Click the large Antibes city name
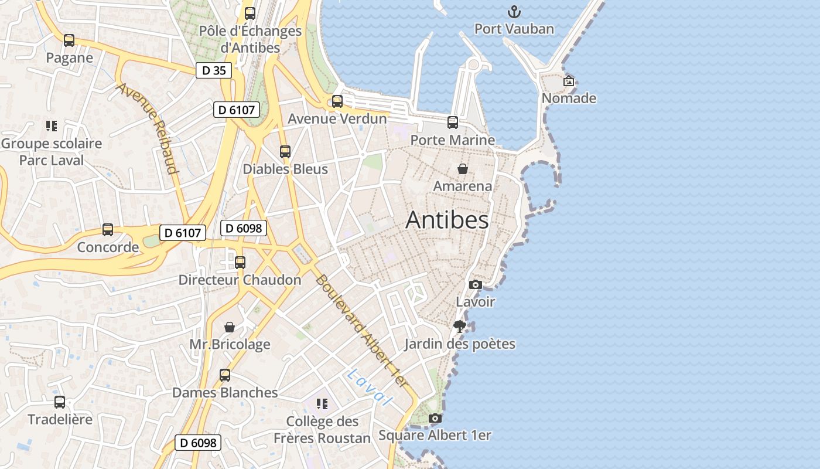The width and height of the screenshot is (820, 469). tap(447, 220)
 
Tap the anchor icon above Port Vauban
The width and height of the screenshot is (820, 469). tap(514, 12)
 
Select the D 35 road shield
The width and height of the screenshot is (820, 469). tap(214, 71)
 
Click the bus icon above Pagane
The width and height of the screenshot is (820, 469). tap(69, 40)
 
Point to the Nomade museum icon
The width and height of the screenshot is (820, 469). tap(568, 81)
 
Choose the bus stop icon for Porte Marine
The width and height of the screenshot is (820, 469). tap(453, 123)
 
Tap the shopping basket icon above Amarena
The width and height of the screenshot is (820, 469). tap(463, 169)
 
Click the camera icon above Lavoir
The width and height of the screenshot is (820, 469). tap(475, 285)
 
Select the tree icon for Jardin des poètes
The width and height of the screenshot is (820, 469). tap(460, 327)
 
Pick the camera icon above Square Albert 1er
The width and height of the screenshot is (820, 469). tap(435, 419)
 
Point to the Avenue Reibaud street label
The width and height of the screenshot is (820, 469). tap(148, 128)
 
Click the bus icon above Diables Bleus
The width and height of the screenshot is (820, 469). tap(285, 152)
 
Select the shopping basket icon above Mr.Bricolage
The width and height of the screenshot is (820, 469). tap(230, 327)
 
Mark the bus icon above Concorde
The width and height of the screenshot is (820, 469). tap(108, 230)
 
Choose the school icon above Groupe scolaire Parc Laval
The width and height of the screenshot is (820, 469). tap(51, 126)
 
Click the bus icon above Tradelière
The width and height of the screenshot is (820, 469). tap(60, 402)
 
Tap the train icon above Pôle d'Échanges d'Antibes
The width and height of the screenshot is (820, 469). tap(250, 13)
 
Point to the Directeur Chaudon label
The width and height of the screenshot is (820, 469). tap(240, 280)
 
